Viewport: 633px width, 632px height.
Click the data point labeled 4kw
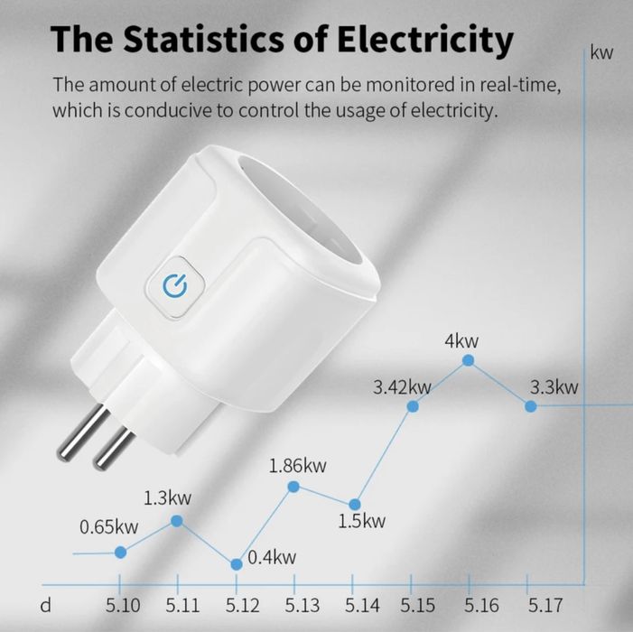pos(468,360)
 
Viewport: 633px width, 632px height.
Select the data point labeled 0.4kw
pos(237,564)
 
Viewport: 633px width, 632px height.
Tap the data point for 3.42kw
pos(413,407)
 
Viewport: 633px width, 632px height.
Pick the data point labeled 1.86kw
pos(293,487)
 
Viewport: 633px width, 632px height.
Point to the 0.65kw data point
pos(121,552)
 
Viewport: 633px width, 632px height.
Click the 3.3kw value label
pos(554,387)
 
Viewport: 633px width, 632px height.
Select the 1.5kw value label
pos(363,521)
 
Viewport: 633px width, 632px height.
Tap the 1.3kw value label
pos(167,497)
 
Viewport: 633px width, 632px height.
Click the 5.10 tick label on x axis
pos(123,605)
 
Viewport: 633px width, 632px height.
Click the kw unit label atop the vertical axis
pos(601,52)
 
